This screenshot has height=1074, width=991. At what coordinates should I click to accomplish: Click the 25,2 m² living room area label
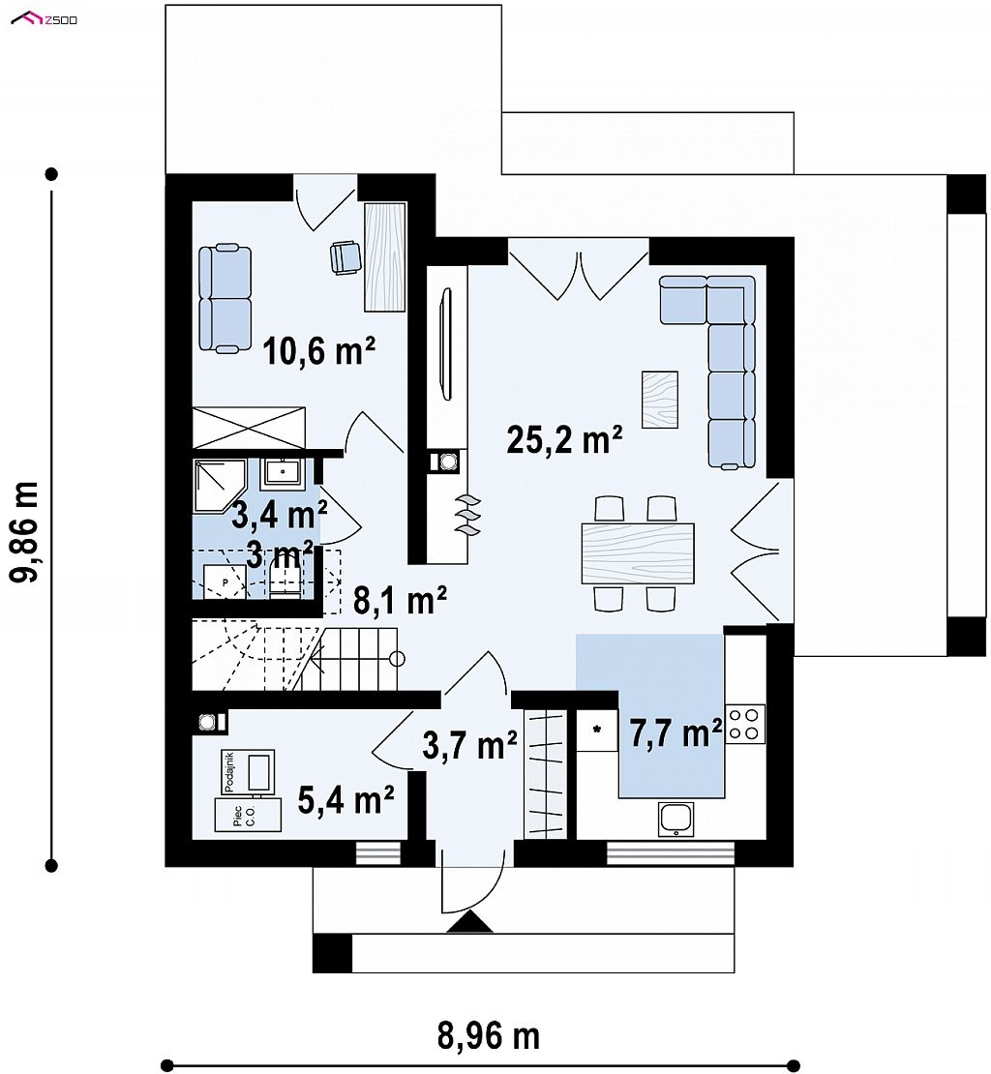(564, 439)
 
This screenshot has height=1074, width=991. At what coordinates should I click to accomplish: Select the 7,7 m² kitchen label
(676, 732)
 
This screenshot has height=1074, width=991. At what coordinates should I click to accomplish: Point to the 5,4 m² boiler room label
(345, 799)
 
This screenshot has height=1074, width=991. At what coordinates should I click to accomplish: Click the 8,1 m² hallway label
(400, 601)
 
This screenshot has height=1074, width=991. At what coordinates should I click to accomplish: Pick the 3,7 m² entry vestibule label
(469, 745)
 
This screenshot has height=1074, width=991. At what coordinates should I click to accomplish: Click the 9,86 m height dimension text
(26, 531)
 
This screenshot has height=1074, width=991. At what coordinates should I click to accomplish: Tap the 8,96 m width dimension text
(489, 1037)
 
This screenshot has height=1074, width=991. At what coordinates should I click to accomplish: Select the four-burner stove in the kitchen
(745, 724)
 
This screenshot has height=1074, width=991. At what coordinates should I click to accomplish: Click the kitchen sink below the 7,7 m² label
(676, 819)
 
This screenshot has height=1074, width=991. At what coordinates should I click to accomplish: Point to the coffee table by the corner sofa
(659, 400)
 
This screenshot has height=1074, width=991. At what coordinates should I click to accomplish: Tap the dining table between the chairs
(638, 552)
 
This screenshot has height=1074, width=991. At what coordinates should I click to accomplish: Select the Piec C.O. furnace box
(248, 815)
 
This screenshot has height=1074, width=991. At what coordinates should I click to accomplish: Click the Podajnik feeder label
(229, 772)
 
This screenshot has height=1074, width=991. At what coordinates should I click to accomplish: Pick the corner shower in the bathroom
(219, 486)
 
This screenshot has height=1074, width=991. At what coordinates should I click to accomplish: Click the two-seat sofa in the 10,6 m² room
(225, 299)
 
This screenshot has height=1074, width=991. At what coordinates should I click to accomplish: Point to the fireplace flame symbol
(468, 514)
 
